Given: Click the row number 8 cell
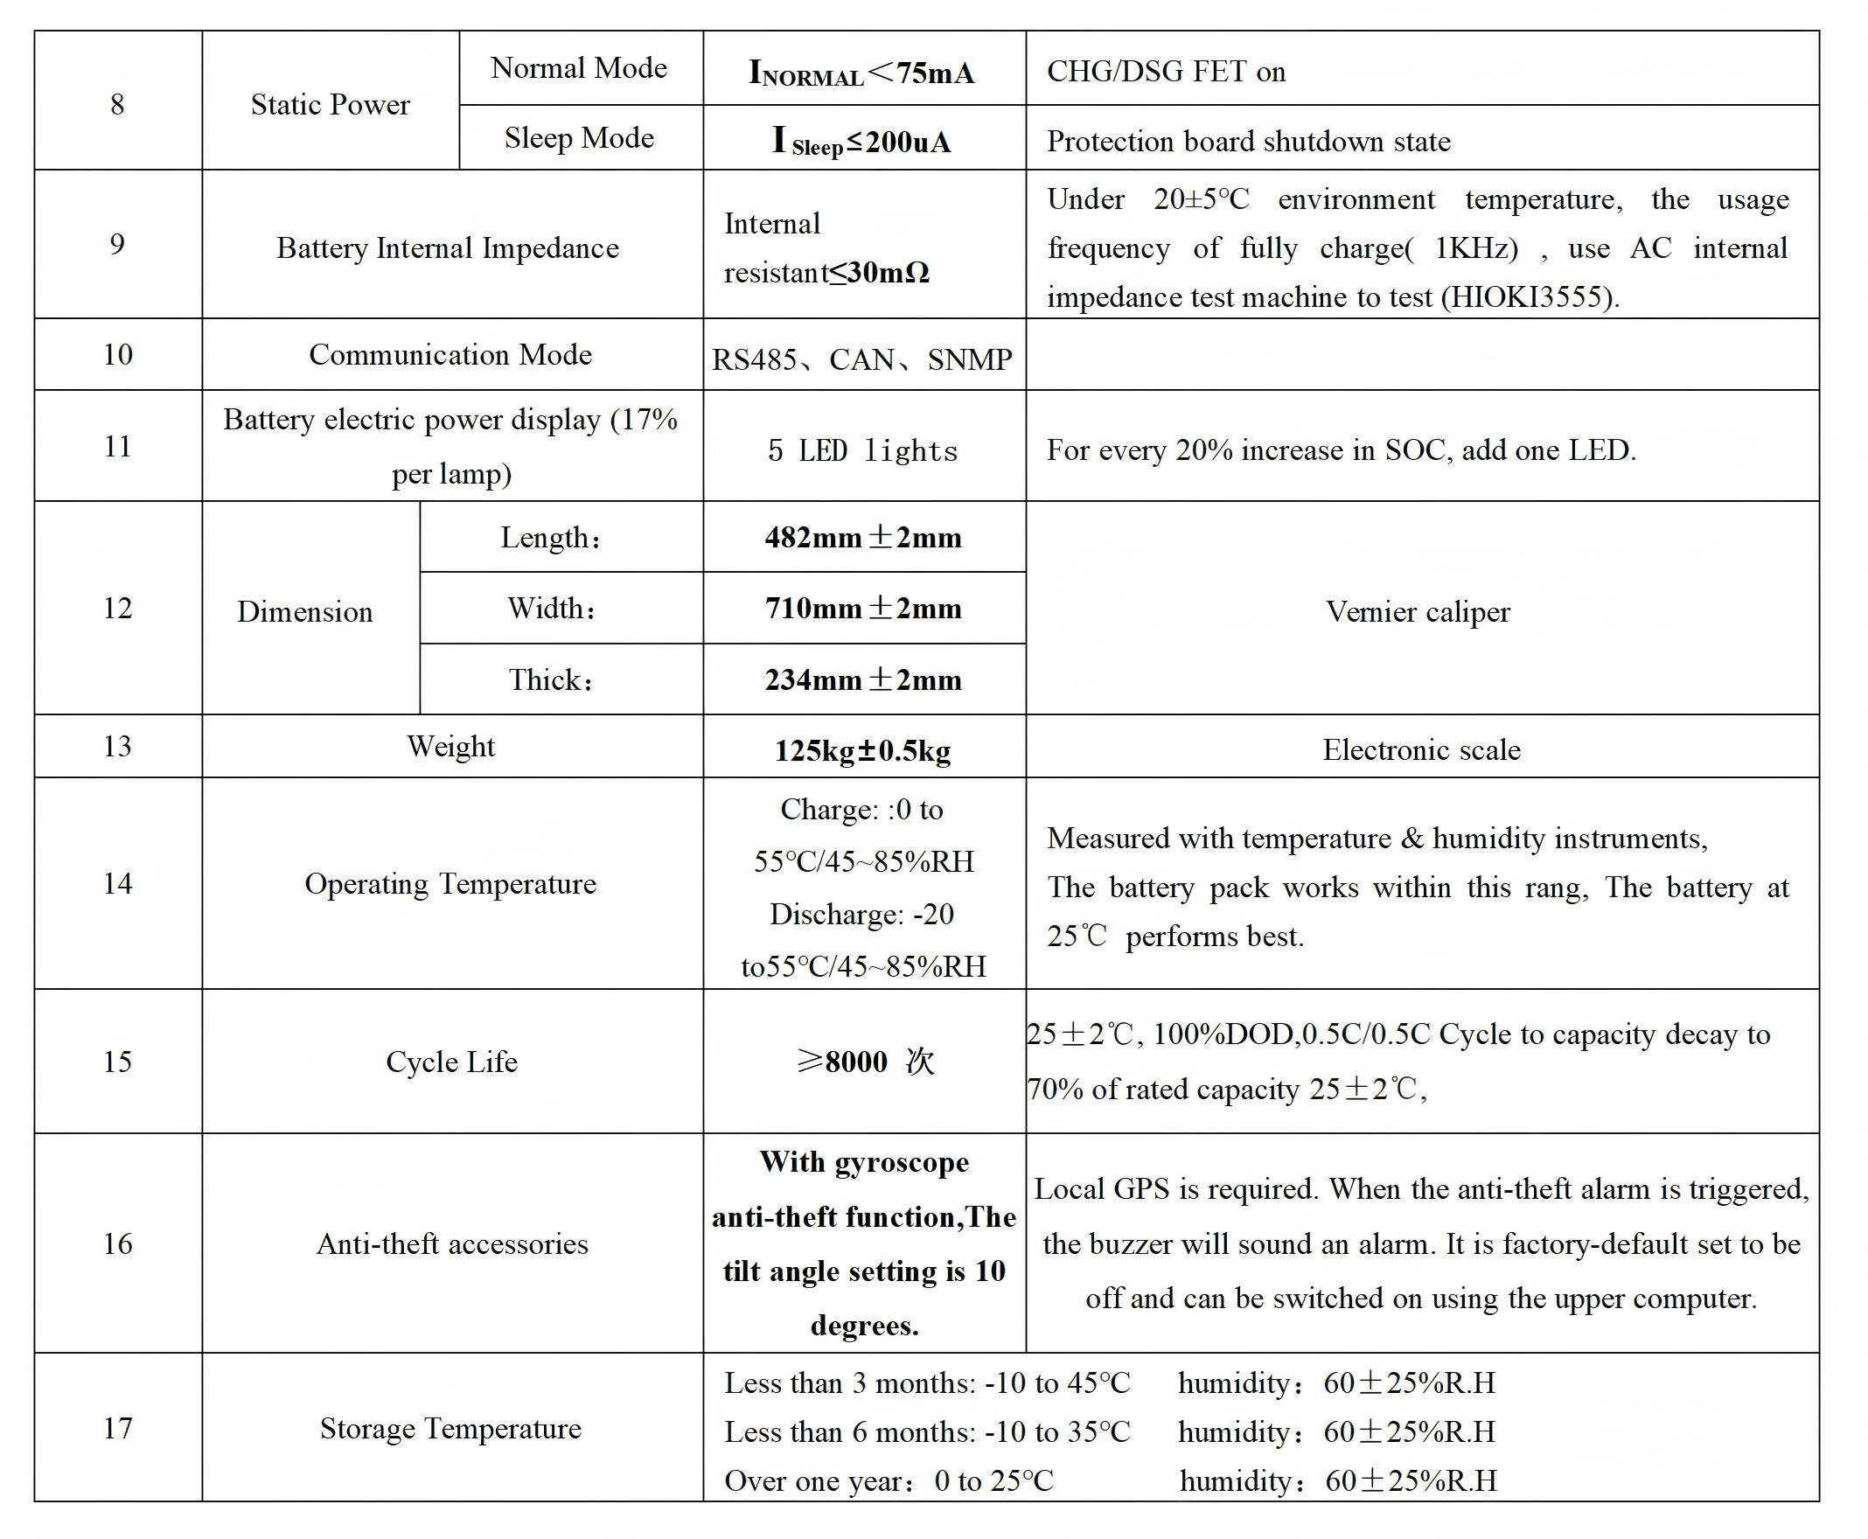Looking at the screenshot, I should [x=117, y=105].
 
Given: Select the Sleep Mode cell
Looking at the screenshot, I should [x=579, y=138].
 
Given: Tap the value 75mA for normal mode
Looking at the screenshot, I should [x=935, y=73].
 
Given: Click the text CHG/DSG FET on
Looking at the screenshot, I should [x=1166, y=71].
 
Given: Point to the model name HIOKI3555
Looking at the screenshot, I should [x=1530, y=297].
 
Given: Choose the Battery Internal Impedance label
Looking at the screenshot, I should [x=448, y=248].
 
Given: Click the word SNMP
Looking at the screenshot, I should [x=969, y=359].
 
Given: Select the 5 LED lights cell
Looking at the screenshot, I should [x=862, y=450].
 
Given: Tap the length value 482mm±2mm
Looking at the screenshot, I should [x=862, y=537].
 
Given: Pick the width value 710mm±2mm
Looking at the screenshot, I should [x=862, y=608].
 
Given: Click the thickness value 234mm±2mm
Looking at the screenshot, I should [x=862, y=680].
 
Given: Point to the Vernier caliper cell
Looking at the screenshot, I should [x=1418, y=612].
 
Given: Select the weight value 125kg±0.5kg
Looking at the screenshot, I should [x=862, y=751].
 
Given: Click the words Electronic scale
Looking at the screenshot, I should [x=1421, y=750].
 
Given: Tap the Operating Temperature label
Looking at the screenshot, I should [x=450, y=884].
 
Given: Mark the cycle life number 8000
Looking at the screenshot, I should [x=855, y=1062].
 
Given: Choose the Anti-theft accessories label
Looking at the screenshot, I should [x=452, y=1243].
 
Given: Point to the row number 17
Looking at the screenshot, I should [x=117, y=1428].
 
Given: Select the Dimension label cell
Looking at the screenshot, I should [x=304, y=612].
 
